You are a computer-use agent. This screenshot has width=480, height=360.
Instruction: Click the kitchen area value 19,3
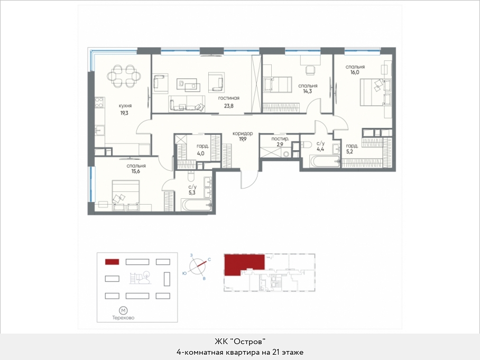[x=124, y=113]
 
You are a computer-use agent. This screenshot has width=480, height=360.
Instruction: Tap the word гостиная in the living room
[x=229, y=98]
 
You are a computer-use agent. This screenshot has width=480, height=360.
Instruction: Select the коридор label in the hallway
[x=243, y=133]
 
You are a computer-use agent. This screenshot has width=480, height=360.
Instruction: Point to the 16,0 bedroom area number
[x=355, y=72]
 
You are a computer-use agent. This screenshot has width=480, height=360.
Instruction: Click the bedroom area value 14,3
[x=307, y=91]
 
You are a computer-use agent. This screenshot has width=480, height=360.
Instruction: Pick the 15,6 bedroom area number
[x=136, y=171]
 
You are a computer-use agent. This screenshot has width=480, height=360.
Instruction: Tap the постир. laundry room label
[x=280, y=139]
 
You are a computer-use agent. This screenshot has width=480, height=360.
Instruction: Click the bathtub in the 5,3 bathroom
[x=196, y=205]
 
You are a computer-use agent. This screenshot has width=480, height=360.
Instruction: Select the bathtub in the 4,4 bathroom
[x=325, y=161]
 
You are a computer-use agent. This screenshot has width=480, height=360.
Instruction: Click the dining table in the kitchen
[x=124, y=76]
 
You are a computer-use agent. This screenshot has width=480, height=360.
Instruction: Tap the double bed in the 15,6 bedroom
[x=126, y=195]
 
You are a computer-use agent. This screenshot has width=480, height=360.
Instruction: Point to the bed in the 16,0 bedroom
[x=376, y=92]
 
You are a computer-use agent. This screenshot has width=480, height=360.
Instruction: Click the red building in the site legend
[x=112, y=262]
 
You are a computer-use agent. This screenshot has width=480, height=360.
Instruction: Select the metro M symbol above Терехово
[x=123, y=310]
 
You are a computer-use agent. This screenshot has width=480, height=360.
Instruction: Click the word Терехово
[x=123, y=318]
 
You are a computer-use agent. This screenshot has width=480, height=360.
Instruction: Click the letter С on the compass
[x=209, y=260]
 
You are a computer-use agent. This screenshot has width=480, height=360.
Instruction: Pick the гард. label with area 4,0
[x=202, y=146]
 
